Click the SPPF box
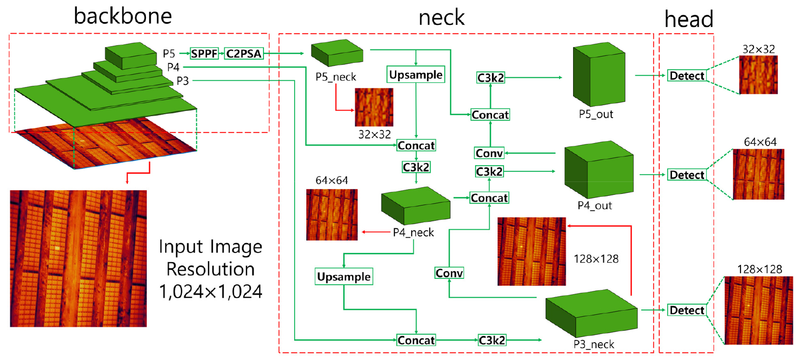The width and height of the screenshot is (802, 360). [x=204, y=53]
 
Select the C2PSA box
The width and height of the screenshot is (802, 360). [x=244, y=53]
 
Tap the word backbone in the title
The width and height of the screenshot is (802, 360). [x=123, y=16]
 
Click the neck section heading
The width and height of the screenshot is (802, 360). [x=442, y=18]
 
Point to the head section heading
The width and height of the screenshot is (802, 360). [x=689, y=19]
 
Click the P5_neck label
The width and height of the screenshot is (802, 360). [x=335, y=77]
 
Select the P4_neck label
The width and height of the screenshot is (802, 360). [x=413, y=232]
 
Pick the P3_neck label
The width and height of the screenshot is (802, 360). [x=594, y=344]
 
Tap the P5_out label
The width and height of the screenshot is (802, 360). [x=596, y=114]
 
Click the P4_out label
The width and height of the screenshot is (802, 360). [x=595, y=205]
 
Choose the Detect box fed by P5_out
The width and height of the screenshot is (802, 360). [x=687, y=75]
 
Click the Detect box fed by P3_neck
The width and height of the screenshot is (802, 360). [x=687, y=310]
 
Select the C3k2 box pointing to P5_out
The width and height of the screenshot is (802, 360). [x=491, y=78]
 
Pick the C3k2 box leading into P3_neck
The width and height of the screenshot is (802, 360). [x=492, y=340]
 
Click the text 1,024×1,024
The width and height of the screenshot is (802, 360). [x=211, y=291]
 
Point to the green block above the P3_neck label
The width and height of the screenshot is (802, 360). [x=591, y=313]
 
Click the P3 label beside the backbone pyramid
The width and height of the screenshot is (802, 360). [x=182, y=81]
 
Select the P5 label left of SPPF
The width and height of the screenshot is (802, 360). [x=168, y=53]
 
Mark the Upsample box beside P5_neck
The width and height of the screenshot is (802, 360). [x=416, y=74]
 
